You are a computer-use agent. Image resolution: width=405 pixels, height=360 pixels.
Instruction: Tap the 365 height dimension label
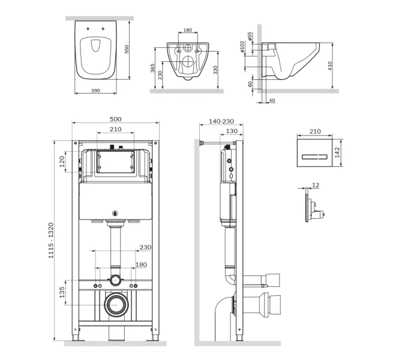(x=153, y=67)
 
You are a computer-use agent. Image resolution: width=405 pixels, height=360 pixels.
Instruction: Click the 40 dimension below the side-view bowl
(x=272, y=100)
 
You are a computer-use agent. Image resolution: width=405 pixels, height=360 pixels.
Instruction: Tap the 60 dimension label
(x=251, y=84)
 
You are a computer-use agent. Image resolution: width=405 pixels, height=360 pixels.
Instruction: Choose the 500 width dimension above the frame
(x=116, y=119)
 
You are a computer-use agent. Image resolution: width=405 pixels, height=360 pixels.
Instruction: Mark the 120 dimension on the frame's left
(x=62, y=161)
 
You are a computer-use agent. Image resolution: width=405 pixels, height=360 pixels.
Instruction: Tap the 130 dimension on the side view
(x=230, y=131)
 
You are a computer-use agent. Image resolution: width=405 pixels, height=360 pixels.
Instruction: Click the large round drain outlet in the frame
(x=115, y=305)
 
